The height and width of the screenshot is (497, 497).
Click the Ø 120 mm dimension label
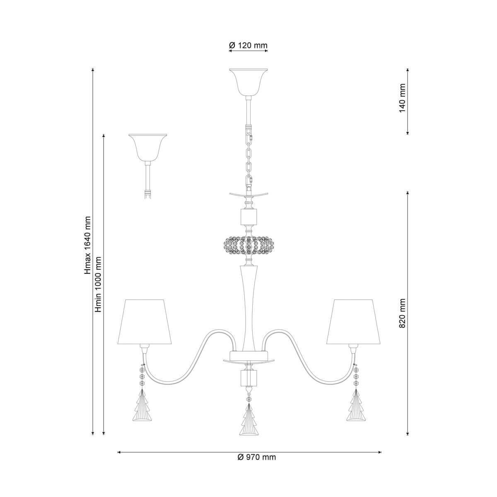[248, 46]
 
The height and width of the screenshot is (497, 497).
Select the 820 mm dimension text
[402, 314]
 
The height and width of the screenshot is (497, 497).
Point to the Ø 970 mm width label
[257, 457]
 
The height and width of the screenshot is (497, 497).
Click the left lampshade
[145, 322]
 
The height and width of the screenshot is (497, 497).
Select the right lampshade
[354, 322]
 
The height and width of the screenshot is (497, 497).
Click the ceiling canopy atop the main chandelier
[248, 82]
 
